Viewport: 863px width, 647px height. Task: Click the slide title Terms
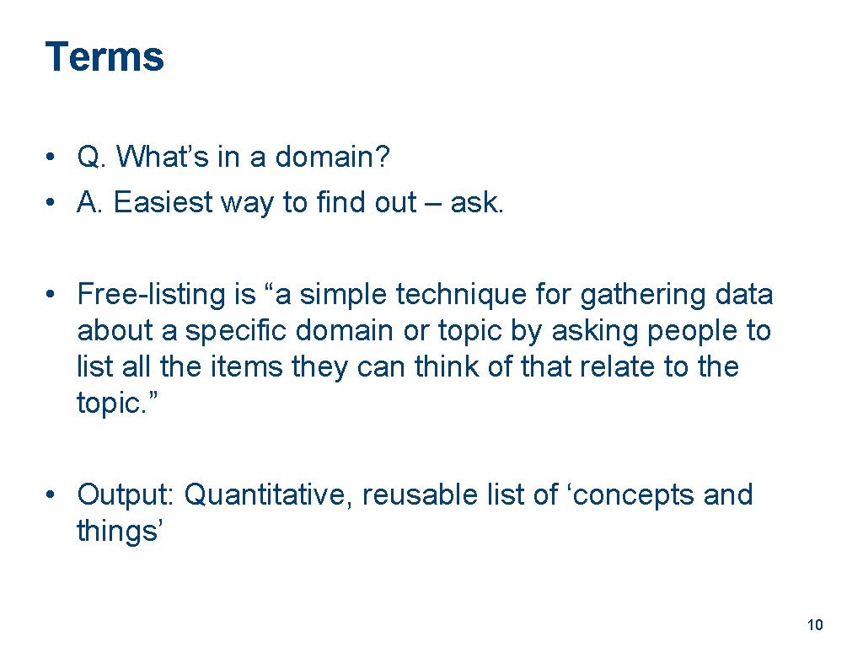[x=105, y=57]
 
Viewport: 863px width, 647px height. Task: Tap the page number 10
[x=814, y=624]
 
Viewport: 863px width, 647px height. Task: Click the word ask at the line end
[x=475, y=202]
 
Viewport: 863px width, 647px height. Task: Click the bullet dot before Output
[x=52, y=495]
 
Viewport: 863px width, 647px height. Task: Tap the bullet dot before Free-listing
[x=52, y=294]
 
